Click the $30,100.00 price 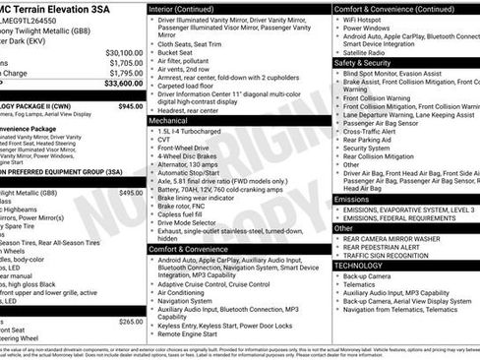coord(124,52)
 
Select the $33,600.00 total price coord(123,84)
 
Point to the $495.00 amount coord(130,193)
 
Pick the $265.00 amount coord(130,322)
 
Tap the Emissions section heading coord(352,199)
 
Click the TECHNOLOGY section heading coord(358,266)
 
